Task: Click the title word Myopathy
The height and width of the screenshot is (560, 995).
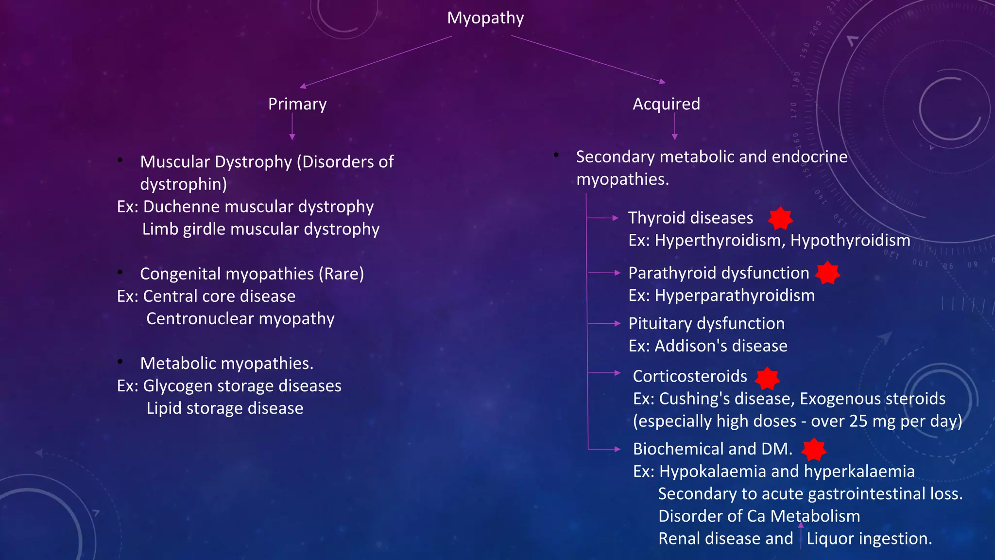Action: point(485,18)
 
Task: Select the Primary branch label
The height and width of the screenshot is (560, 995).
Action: point(297,104)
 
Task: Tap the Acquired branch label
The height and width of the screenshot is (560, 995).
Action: point(666,104)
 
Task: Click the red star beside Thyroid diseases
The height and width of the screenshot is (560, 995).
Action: point(780,218)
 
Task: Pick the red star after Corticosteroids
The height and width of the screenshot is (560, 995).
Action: point(768,378)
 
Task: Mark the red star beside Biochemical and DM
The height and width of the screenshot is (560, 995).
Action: point(814,450)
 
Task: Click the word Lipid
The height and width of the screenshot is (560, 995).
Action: point(164,408)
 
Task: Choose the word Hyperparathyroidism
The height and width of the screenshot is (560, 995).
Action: point(735,296)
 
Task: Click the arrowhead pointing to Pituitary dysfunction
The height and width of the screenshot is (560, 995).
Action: point(617,323)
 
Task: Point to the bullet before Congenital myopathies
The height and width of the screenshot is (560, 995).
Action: point(120,273)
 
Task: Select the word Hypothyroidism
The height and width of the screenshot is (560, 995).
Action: point(850,241)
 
